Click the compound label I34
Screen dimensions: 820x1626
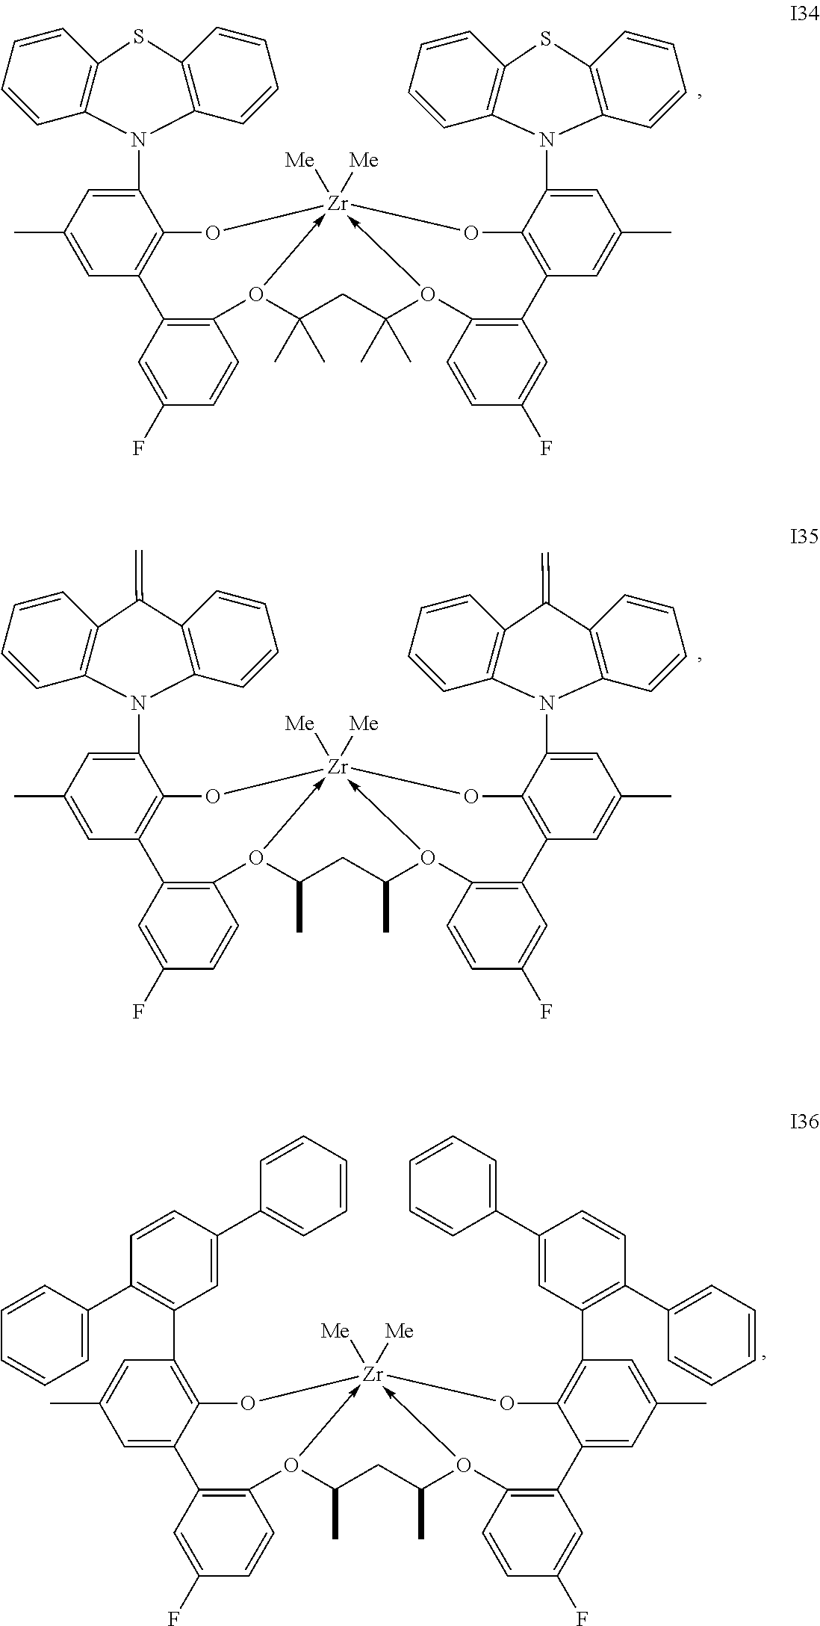(804, 16)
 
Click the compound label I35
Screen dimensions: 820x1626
(804, 537)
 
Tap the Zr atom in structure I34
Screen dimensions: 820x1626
(338, 203)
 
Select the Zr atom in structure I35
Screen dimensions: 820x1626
(338, 767)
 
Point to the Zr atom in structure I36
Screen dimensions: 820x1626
(373, 1374)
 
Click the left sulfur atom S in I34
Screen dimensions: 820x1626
(138, 42)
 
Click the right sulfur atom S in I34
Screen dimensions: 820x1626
(547, 42)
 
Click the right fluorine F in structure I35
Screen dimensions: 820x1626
(547, 1012)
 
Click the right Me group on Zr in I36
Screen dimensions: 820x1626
(400, 1331)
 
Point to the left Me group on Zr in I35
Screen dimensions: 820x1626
(299, 723)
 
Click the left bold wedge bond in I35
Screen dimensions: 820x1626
(299, 907)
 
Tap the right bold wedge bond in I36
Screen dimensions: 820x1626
(421, 1515)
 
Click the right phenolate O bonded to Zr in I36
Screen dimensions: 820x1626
(507, 1404)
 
